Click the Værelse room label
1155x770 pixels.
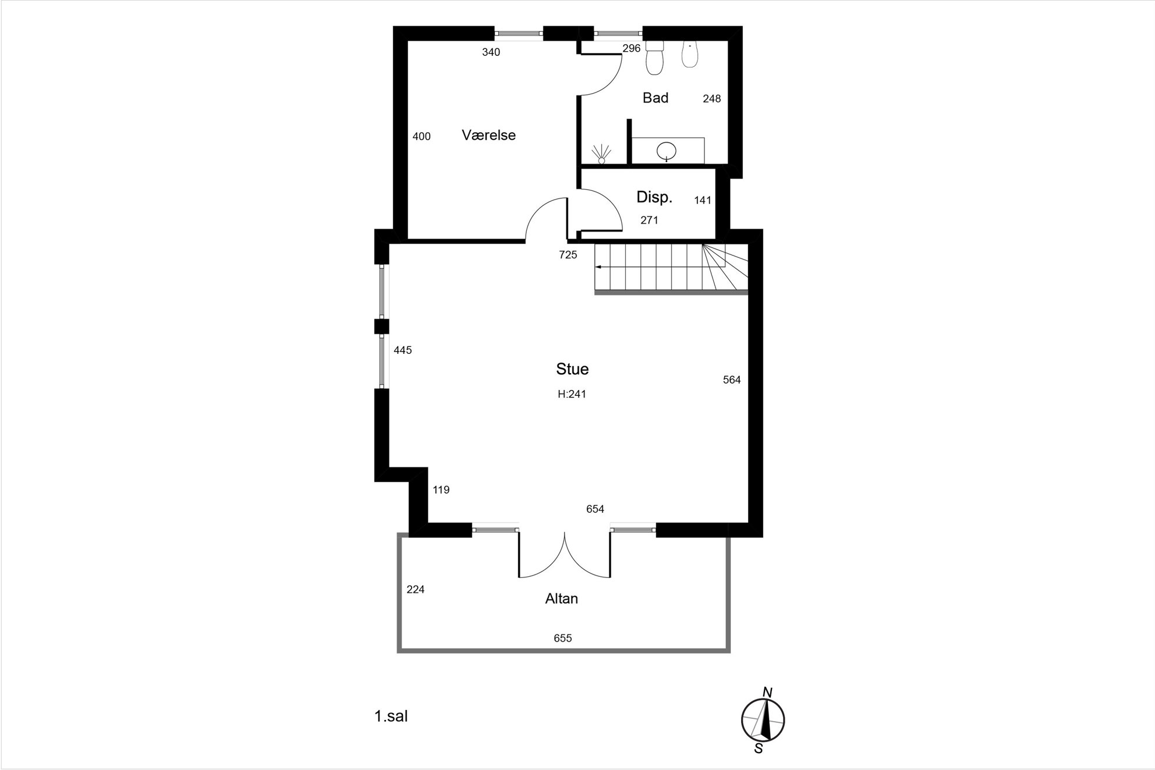pos(488,135)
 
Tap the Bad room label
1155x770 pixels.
pos(656,98)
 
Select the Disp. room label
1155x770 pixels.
pos(654,197)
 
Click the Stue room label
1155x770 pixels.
pos(572,369)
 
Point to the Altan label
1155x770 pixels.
pos(562,599)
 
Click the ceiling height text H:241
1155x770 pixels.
pos(572,394)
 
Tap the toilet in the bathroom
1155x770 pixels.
pos(655,58)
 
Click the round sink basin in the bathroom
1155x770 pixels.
pos(667,152)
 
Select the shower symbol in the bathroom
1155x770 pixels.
pos(601,154)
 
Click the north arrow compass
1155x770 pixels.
pos(763,720)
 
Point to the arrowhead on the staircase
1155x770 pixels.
pos(598,267)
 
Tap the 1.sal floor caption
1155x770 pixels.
pos(391,716)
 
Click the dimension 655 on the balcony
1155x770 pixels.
pos(563,638)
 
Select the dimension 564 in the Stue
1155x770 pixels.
pos(732,380)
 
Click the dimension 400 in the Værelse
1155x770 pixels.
pos(421,137)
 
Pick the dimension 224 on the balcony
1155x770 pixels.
pos(416,590)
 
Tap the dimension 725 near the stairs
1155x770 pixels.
pos(568,255)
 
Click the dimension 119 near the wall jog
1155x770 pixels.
pos(441,490)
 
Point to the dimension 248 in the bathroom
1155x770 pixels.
pos(712,99)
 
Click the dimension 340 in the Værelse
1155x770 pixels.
pos(491,52)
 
